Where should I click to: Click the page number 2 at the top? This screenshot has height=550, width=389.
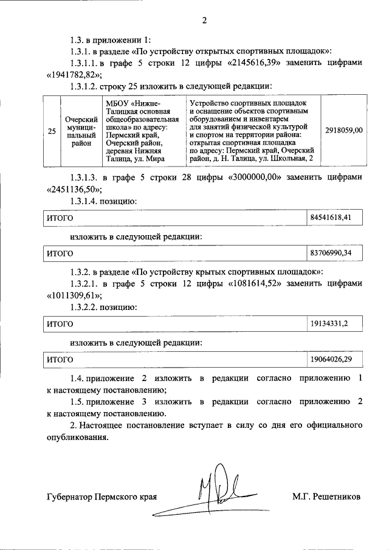pos(204,21)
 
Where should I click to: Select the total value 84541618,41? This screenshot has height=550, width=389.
pos(331,218)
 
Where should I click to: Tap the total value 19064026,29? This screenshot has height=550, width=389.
pos(331,360)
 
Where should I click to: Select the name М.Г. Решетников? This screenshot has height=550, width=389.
pos(326,497)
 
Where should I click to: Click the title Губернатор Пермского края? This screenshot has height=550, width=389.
pos(102,497)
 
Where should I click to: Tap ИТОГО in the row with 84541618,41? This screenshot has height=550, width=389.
pos(61,218)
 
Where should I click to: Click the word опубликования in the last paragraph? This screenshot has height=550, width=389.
pos(77,437)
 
